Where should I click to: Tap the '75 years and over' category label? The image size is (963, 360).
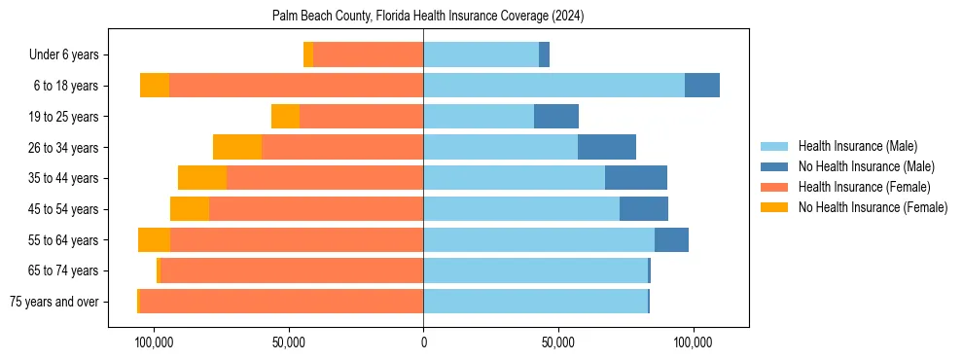click(54, 302)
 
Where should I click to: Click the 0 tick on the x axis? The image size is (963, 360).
click(423, 342)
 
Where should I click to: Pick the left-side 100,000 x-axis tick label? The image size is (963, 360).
click(153, 342)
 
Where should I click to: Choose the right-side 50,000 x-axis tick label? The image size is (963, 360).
click(558, 342)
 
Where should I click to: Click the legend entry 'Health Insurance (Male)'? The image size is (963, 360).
click(857, 146)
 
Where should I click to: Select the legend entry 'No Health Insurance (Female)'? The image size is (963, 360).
click(873, 207)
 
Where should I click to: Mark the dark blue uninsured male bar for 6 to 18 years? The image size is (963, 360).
click(702, 86)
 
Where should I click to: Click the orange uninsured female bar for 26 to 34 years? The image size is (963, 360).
click(237, 147)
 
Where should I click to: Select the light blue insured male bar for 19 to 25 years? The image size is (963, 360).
click(479, 117)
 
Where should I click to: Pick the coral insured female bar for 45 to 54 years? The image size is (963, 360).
click(316, 209)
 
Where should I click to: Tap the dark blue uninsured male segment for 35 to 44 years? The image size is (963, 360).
click(636, 178)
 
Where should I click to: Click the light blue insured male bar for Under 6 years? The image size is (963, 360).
click(481, 54)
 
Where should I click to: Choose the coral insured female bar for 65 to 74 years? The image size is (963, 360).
click(292, 270)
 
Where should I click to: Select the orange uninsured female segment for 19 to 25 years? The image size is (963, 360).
click(285, 117)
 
